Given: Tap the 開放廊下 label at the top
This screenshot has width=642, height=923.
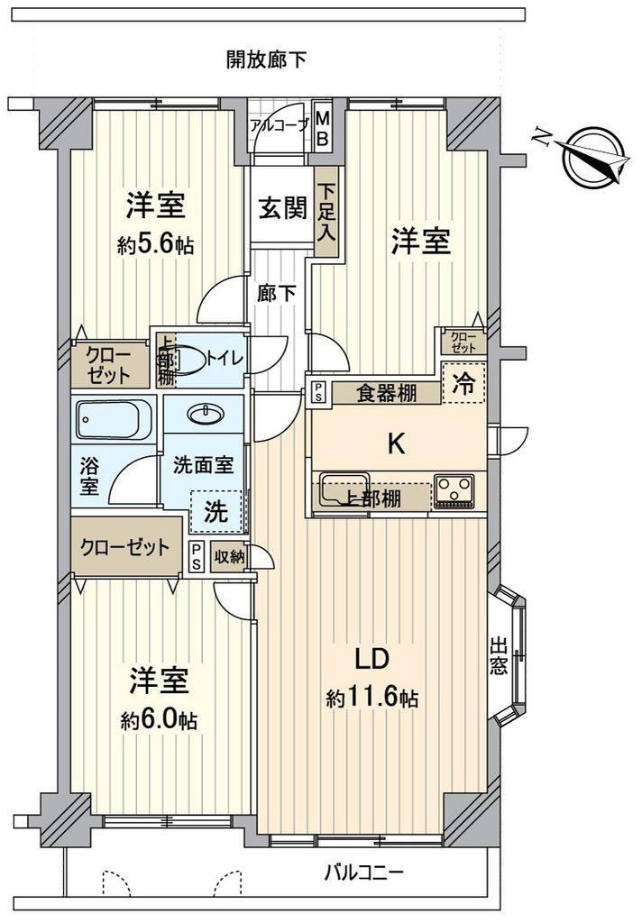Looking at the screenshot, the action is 267,60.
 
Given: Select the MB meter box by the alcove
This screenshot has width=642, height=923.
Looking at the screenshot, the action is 324,128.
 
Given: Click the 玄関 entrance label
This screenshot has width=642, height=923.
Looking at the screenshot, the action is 283,208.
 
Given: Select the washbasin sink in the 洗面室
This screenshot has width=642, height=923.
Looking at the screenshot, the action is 205,415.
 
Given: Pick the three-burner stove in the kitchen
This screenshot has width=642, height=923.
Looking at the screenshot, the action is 454,491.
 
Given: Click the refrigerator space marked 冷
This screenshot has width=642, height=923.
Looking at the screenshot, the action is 463,384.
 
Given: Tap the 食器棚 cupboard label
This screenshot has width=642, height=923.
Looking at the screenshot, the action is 387,393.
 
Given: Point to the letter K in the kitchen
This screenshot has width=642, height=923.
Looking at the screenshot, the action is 396,443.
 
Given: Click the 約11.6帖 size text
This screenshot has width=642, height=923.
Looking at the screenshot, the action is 372,699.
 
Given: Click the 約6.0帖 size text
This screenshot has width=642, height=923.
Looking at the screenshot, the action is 159,720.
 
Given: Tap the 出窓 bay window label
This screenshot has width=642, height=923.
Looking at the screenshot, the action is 499,657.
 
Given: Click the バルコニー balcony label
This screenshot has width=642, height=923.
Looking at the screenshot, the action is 364,872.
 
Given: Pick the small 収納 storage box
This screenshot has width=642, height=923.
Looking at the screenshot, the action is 229,556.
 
